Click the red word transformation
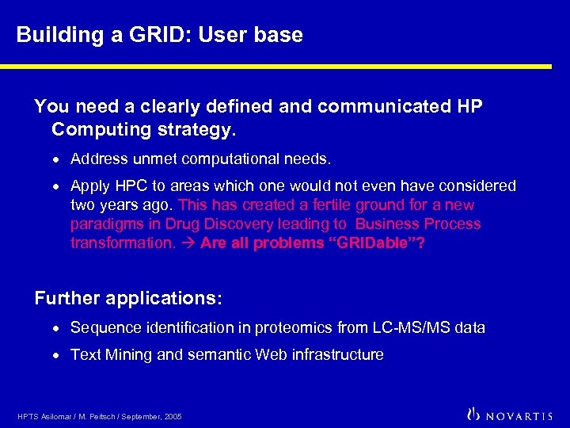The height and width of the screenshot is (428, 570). click(x=122, y=243)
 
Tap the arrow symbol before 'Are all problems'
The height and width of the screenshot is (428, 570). click(x=188, y=243)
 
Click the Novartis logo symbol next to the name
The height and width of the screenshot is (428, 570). click(x=475, y=414)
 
